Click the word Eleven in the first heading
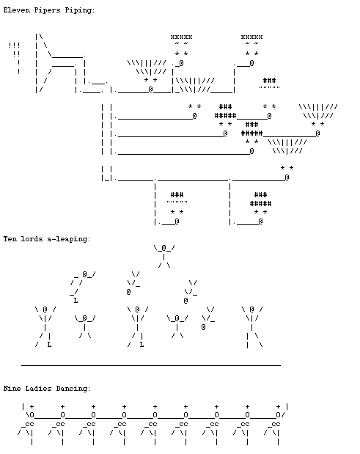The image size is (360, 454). tap(17, 10)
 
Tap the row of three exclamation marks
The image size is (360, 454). tap(14, 45)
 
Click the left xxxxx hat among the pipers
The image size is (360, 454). tap(181, 37)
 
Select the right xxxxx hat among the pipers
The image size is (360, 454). tap(251, 37)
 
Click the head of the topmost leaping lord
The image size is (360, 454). tap(164, 248)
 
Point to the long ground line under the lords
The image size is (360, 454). tap(151, 365)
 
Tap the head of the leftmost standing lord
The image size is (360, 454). tap(45, 310)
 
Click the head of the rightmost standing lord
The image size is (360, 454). tap(252, 310)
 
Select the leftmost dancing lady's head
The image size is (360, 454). tap(32, 415)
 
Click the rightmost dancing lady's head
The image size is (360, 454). tap(278, 415)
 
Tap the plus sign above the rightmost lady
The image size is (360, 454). tap(278, 406)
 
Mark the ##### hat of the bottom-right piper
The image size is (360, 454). tap(260, 204)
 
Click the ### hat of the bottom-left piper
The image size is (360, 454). tap(177, 194)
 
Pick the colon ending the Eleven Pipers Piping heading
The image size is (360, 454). tap(93, 11)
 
